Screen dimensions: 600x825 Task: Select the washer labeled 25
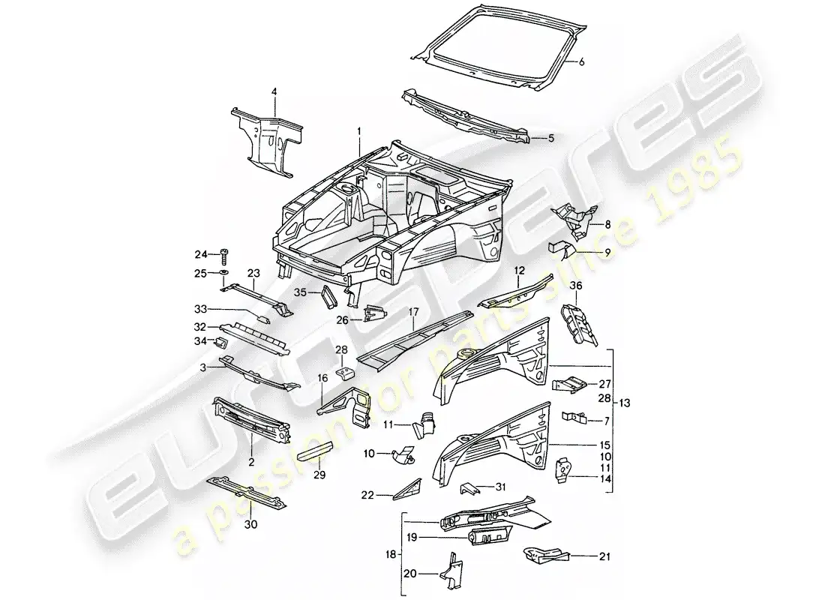click(223, 273)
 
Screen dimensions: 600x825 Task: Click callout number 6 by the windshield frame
click(580, 63)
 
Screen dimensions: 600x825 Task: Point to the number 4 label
click(274, 91)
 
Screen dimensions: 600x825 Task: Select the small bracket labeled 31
click(471, 488)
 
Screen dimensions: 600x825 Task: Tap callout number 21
click(583, 556)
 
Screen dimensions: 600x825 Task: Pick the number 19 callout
click(411, 537)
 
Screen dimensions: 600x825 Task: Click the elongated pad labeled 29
click(318, 455)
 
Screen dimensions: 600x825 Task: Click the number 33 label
click(200, 309)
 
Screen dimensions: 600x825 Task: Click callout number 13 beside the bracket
click(625, 403)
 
